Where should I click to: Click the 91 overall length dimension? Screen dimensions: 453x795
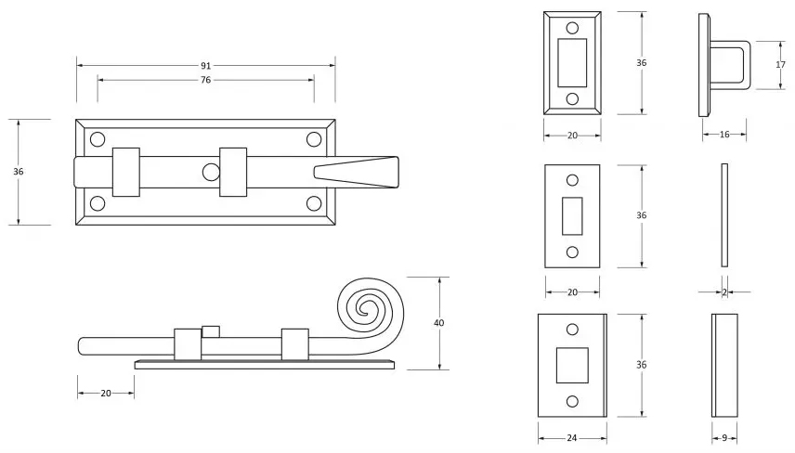click(205, 66)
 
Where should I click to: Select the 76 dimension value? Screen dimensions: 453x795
click(205, 80)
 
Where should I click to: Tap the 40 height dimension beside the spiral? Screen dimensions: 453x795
click(439, 323)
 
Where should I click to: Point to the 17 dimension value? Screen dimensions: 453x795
click(781, 65)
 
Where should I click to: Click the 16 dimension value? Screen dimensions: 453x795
click(724, 135)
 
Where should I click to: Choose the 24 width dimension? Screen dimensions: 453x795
click(572, 437)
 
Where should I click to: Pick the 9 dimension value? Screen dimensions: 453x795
click(724, 437)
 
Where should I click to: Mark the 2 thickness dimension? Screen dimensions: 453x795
click(724, 291)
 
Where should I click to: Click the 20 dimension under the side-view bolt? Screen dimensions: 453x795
click(105, 394)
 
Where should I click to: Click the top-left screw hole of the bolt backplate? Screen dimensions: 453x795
click(97, 139)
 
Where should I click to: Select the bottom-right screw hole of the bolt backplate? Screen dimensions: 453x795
click(313, 203)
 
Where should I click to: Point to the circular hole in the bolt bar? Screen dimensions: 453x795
click(211, 172)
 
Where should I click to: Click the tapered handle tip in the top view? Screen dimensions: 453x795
click(357, 173)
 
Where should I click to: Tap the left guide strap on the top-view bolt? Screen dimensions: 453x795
click(126, 172)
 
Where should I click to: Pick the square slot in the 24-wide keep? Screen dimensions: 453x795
click(571, 364)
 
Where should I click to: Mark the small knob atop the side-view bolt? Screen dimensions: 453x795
click(211, 331)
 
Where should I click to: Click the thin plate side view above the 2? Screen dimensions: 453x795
click(724, 215)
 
